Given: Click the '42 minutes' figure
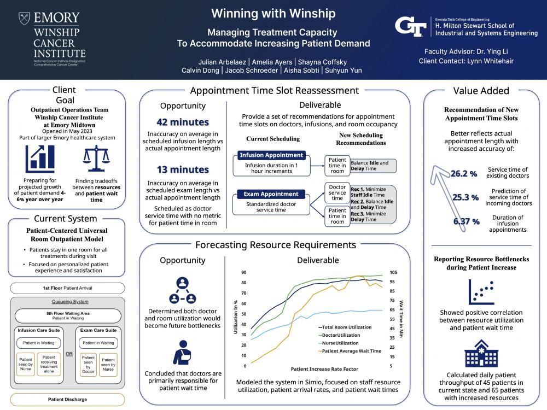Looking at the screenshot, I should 183,122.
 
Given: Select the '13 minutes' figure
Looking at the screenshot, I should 183,169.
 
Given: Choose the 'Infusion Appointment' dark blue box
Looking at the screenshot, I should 272,155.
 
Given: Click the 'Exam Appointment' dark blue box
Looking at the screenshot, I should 272,194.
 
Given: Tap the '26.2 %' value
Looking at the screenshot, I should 464,174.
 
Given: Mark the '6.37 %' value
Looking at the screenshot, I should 466,221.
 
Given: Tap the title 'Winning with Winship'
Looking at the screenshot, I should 273,13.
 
